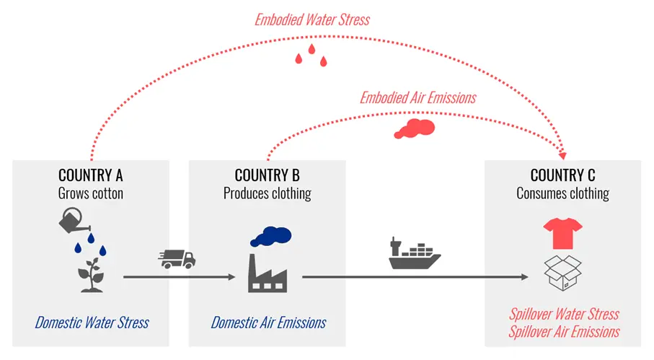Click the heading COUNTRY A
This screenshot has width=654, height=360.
91,175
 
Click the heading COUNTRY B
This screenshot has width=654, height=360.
267,175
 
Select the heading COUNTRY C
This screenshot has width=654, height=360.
562,175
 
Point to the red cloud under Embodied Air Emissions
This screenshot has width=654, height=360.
414,128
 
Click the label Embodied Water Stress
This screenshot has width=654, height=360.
312,19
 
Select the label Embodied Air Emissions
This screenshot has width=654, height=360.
418,97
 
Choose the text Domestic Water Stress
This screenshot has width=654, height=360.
92,322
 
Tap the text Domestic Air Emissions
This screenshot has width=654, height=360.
268,322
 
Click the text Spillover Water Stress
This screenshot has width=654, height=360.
564,315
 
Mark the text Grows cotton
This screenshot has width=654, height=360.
91,193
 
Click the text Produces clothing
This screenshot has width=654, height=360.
267,193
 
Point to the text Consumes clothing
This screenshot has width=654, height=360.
562,193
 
